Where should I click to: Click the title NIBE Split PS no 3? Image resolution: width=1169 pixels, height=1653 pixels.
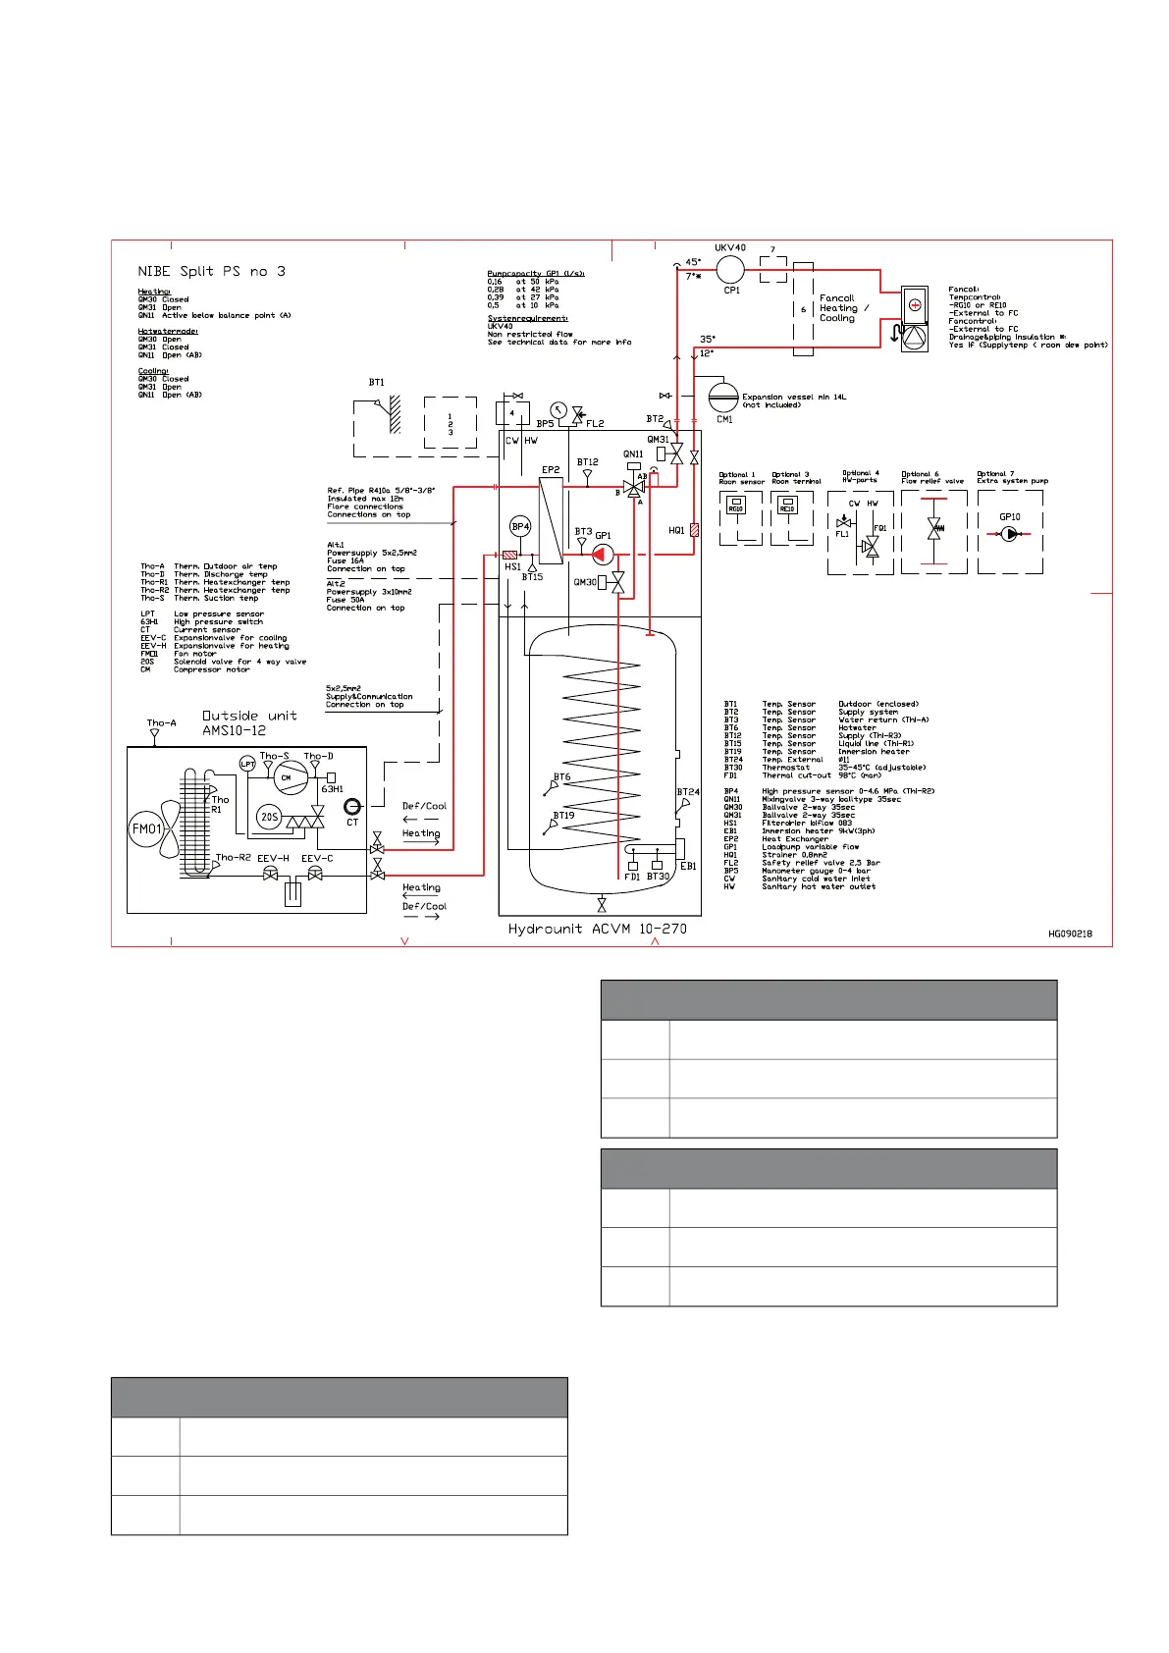[211, 271]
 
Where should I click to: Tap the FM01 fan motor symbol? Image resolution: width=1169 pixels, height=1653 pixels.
[147, 829]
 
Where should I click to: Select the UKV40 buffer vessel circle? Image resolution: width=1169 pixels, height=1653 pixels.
[730, 269]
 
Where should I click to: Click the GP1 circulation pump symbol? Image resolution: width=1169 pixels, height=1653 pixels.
[603, 556]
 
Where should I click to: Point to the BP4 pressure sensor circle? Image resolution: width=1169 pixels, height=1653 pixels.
[520, 527]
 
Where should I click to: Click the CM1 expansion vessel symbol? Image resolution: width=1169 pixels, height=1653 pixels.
[723, 398]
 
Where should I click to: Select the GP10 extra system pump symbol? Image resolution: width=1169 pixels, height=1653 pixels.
[1010, 535]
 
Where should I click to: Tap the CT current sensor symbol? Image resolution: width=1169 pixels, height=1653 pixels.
[352, 807]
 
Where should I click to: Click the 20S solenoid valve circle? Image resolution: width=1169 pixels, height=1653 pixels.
[269, 817]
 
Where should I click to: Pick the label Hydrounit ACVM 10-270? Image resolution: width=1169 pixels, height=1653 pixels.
[597, 929]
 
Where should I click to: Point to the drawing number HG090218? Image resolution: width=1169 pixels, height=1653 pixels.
[1070, 933]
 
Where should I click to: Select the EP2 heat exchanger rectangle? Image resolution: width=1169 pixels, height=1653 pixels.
[551, 520]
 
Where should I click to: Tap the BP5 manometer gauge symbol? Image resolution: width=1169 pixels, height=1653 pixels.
[558, 410]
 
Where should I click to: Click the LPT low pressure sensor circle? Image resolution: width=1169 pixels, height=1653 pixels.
[247, 764]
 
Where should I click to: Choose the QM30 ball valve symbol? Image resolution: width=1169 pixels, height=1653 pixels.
[617, 583]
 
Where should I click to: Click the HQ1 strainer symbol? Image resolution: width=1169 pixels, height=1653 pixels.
[694, 530]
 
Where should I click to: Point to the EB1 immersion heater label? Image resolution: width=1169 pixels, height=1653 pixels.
[688, 867]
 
